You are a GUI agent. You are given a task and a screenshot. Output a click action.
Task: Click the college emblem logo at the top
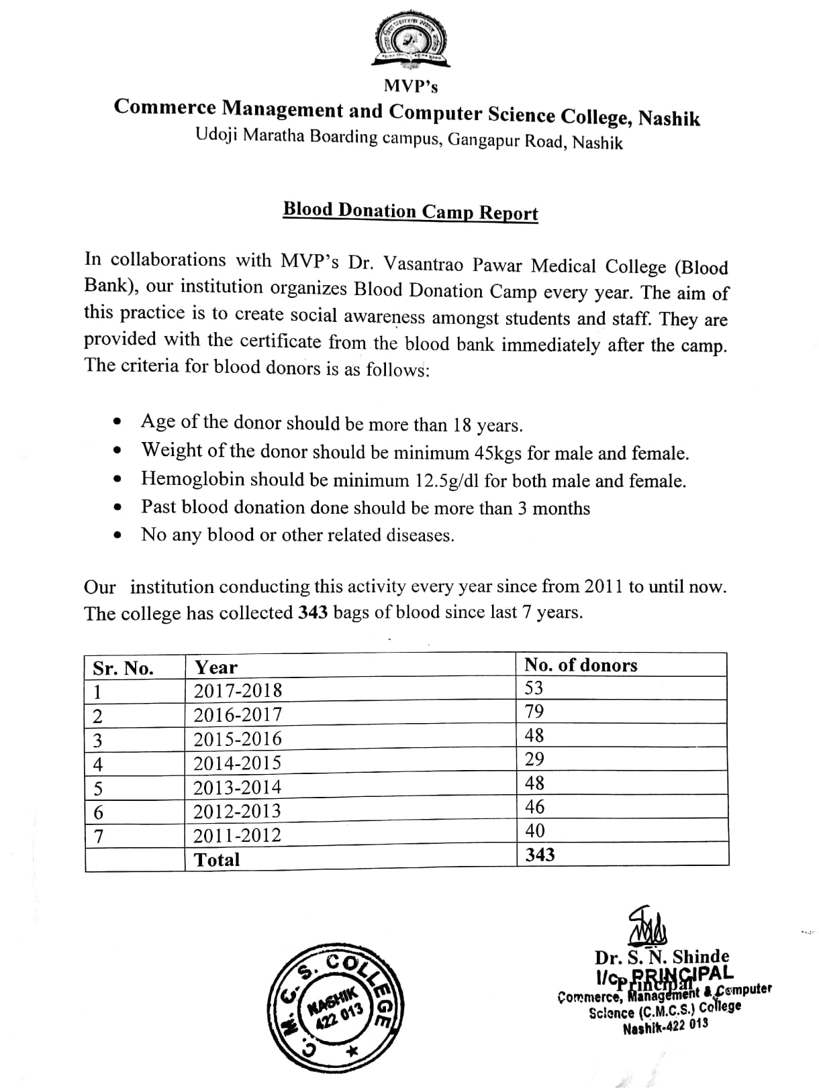(x=409, y=42)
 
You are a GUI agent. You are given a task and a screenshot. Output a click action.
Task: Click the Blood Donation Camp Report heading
(x=410, y=211)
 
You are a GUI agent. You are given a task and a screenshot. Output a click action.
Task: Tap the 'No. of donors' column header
(x=581, y=665)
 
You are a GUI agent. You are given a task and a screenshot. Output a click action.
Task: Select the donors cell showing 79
(x=534, y=711)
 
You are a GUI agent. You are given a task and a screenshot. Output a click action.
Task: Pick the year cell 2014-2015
(x=237, y=763)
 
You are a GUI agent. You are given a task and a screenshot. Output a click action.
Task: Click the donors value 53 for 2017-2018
(x=534, y=688)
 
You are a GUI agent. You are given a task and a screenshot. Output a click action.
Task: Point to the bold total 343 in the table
(x=540, y=854)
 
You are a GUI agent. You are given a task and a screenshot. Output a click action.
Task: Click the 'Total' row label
(x=216, y=859)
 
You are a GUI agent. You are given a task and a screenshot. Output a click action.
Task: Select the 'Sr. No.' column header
(x=123, y=668)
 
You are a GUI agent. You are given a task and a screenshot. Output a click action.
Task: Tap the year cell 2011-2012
(x=237, y=836)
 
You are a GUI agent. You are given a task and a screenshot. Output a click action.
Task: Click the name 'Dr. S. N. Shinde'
(x=661, y=957)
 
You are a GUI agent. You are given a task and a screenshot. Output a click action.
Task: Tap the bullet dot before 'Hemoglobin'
(x=118, y=480)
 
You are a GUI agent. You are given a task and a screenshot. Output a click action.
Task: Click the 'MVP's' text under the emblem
(x=411, y=86)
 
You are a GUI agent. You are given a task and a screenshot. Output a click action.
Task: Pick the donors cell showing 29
(x=534, y=759)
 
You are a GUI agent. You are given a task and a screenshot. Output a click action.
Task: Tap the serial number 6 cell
(x=98, y=813)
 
